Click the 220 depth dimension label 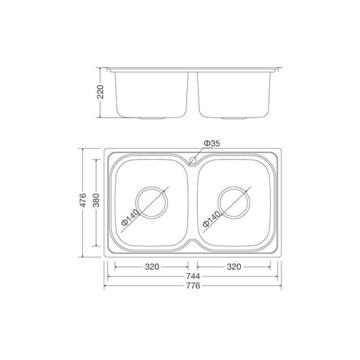coord(101,91)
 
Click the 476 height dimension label coord(85,201)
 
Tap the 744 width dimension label coord(193,276)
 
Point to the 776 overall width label coord(193,286)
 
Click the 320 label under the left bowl coord(152,266)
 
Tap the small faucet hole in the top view coord(193,160)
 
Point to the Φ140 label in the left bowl coord(130,217)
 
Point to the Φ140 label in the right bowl coord(213,217)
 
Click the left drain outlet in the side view coord(152,118)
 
